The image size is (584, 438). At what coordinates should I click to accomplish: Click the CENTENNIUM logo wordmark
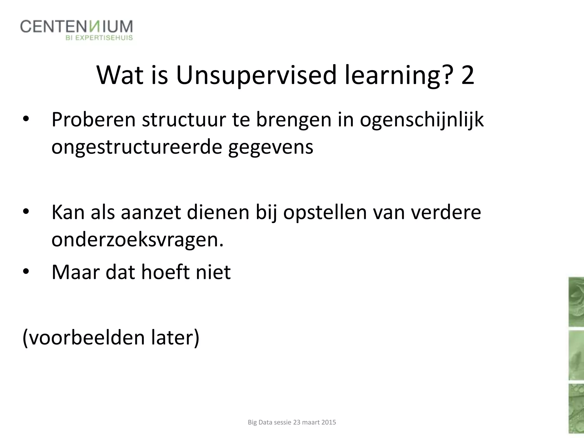[76, 27]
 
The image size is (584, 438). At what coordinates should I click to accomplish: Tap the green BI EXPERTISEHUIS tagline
[99, 38]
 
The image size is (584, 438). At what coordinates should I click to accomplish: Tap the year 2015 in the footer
[328, 422]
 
